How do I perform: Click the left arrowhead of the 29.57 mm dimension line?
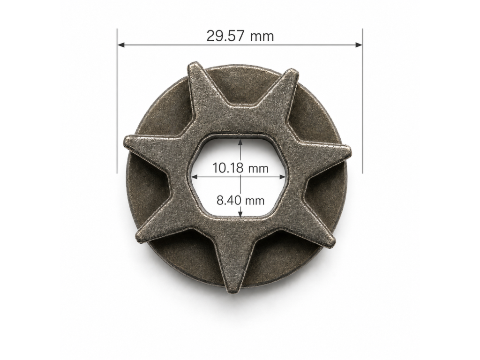[121, 45]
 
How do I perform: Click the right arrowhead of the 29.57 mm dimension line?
[359, 45]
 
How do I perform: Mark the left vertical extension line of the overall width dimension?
[117, 101]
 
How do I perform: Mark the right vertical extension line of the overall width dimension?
[363, 101]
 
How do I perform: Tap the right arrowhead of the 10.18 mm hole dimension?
[283, 177]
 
